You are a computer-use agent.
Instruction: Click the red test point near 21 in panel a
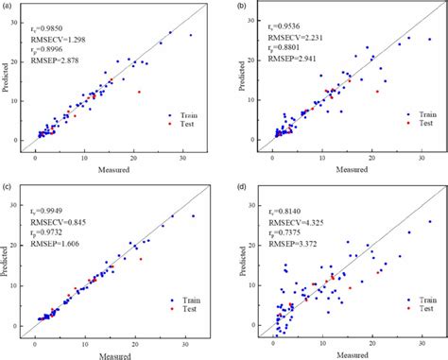pos(139,92)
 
